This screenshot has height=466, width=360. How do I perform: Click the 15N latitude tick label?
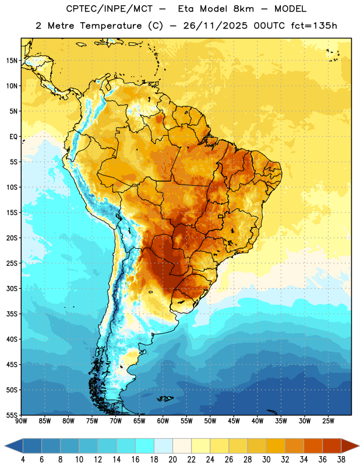12,61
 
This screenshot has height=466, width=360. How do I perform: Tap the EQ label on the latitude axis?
13,137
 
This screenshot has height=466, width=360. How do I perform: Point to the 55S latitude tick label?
12,415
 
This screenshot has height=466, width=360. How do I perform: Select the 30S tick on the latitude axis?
12,288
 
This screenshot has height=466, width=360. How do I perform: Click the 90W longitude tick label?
21,421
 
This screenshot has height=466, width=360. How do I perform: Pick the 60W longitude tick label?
163,421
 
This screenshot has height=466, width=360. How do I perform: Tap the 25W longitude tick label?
328,421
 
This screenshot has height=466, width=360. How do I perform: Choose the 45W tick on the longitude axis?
234,421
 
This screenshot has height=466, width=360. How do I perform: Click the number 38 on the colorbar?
341,460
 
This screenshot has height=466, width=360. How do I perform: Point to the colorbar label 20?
172,460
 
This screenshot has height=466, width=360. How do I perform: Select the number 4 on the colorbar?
23,460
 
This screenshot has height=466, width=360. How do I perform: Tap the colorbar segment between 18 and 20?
163,446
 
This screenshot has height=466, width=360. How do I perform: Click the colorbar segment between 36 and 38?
332,446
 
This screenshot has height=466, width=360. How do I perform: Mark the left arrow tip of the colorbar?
5,446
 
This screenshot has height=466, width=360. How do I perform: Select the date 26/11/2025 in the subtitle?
215,26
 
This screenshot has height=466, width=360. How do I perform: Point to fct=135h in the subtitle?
314,26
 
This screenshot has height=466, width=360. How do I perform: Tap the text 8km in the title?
243,9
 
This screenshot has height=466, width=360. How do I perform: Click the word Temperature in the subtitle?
111,26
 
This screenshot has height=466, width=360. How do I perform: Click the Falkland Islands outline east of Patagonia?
165,398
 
